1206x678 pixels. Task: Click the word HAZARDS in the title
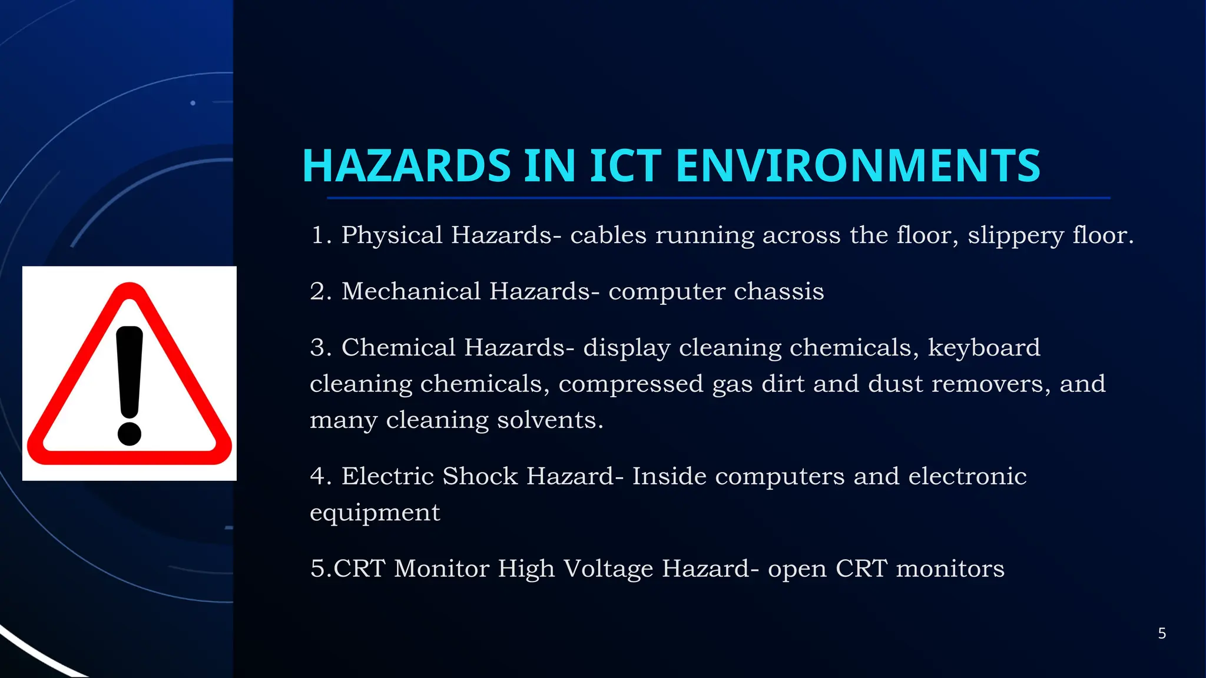[406, 166]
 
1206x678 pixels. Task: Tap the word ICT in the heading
[625, 166]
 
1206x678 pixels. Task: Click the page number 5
[1162, 633]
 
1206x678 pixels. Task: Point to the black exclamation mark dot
[130, 433]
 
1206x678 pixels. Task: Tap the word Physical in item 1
[392, 235]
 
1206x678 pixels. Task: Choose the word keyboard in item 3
[984, 348]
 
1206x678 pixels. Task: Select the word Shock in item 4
[480, 476]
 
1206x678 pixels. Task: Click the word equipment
[375, 513]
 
